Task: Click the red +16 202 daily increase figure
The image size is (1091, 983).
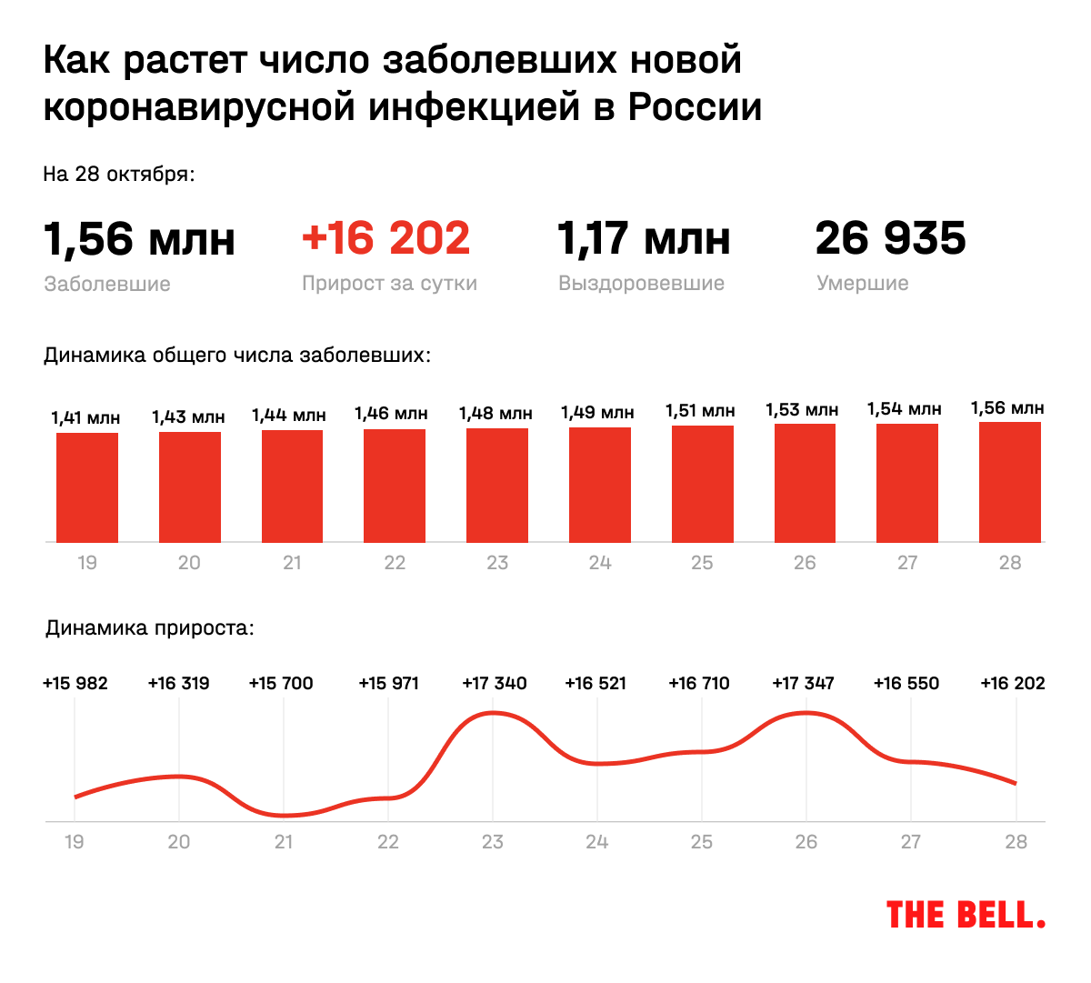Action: click(386, 238)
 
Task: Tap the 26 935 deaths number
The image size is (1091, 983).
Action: click(890, 238)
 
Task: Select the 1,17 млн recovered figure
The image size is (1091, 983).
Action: click(644, 238)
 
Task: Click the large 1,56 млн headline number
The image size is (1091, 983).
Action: click(139, 239)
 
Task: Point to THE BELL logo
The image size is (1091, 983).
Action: click(966, 915)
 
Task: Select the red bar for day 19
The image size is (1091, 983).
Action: click(87, 487)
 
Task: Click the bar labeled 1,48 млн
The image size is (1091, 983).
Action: click(497, 485)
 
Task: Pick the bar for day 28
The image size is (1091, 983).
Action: click(1010, 482)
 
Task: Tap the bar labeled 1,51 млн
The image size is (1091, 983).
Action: click(703, 484)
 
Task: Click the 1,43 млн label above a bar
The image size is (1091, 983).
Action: click(188, 416)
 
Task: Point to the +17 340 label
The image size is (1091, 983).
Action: click(495, 683)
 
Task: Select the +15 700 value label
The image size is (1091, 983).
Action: click(281, 683)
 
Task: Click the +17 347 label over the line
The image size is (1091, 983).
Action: click(803, 683)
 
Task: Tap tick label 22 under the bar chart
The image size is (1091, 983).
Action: click(395, 563)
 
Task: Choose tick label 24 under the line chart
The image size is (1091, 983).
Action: click(597, 842)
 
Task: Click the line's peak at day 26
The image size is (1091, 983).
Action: click(806, 713)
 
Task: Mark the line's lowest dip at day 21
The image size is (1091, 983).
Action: click(284, 815)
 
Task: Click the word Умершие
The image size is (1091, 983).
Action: click(863, 283)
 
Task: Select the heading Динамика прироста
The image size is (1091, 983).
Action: click(150, 627)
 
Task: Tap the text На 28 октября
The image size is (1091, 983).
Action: click(119, 174)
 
